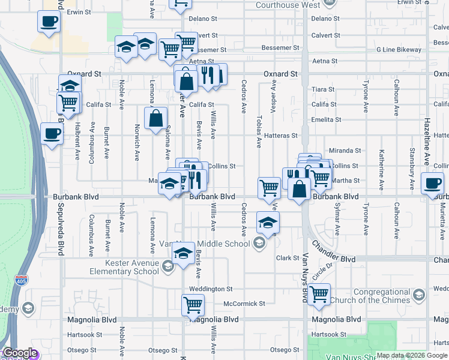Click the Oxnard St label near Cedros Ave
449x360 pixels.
pyautogui.click(x=280, y=74)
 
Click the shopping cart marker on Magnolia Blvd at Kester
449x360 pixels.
pyautogui.click(x=193, y=304)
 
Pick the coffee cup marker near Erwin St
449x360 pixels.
pyautogui.click(x=49, y=22)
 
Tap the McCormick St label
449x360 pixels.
pyautogui.click(x=244, y=304)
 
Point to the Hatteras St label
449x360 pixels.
pyautogui.click(x=281, y=136)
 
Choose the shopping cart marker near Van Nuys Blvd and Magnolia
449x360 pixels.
pyautogui.click(x=319, y=294)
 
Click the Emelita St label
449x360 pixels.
pyautogui.click(x=327, y=119)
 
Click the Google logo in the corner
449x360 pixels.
pyautogui.click(x=20, y=353)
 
